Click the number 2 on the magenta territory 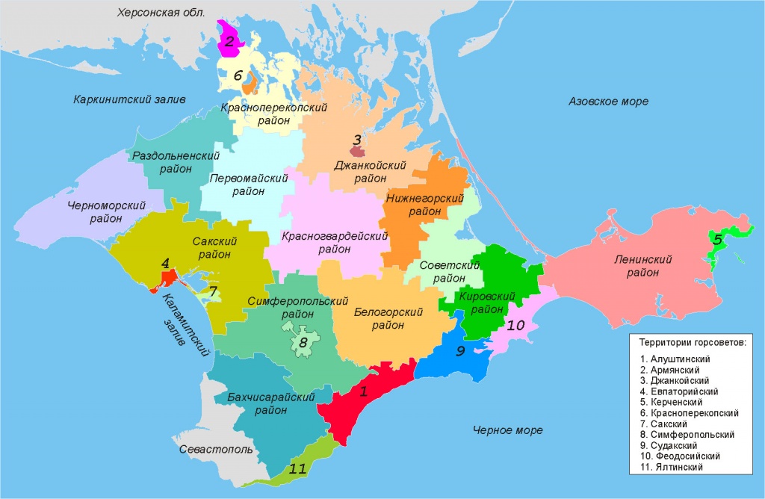[x=231, y=42]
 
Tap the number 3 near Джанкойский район [x=357, y=140]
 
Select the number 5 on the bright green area [x=717, y=240]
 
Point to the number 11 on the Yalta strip [x=298, y=469]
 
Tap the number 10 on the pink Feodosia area [x=515, y=326]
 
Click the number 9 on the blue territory [x=461, y=350]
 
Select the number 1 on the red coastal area [x=364, y=390]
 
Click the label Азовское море [x=608, y=101]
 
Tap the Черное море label [x=508, y=430]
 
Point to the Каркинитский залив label [x=129, y=99]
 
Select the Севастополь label [x=217, y=450]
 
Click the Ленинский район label [x=643, y=266]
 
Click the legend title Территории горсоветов [x=691, y=343]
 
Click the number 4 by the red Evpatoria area [x=166, y=263]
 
